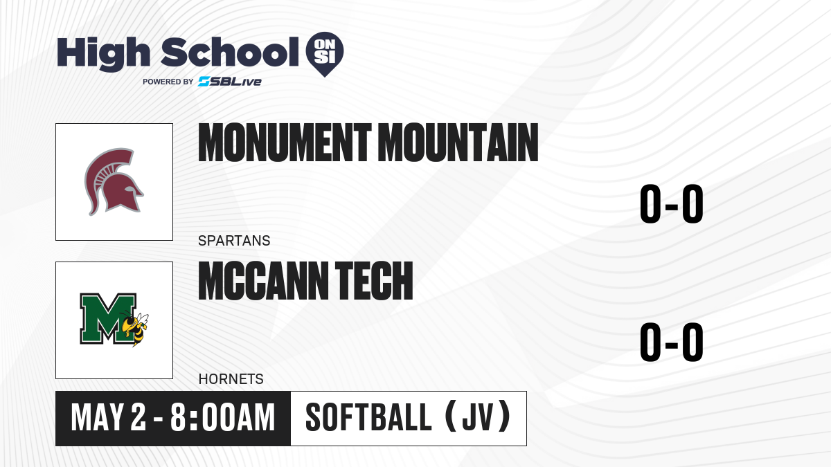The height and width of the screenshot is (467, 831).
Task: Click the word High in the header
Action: pos(103,53)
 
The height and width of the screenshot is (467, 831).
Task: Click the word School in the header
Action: pos(230,52)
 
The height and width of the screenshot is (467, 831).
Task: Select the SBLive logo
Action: pos(230,82)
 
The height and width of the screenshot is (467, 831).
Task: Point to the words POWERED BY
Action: pos(168,82)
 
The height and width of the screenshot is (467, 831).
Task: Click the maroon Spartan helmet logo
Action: pos(114,181)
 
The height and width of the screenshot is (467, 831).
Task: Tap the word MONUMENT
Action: pos(285,143)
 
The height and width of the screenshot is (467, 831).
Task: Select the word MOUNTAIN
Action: pos(458,143)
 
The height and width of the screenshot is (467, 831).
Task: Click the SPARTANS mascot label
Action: pos(234,241)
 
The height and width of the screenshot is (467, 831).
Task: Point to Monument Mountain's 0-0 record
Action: pos(672,204)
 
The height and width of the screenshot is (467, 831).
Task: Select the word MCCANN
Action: pos(263,281)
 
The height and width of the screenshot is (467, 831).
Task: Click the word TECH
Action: pos(374,281)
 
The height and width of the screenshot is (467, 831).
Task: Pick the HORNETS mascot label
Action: pos(231,379)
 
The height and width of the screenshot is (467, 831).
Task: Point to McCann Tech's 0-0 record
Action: pos(672,342)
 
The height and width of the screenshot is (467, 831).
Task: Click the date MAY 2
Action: pos(108,418)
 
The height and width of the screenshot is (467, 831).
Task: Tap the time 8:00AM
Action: pos(222,418)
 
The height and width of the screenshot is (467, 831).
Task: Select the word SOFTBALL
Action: pos(368,418)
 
